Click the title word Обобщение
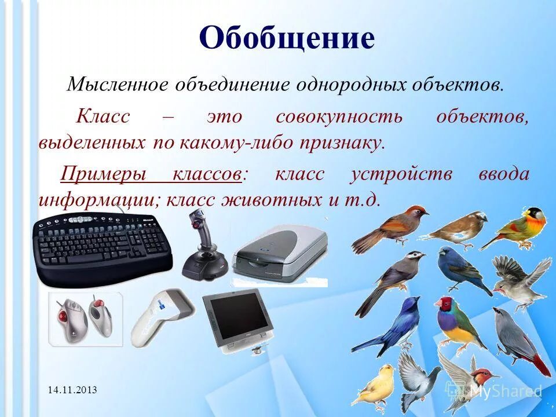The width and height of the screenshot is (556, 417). point(287,39)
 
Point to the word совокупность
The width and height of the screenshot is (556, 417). point(339,116)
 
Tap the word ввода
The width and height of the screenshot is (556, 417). point(503,174)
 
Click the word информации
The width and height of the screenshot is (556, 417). point(99,200)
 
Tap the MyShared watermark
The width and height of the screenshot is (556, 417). point(498,390)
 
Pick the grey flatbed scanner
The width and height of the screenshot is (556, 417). point(279,255)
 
